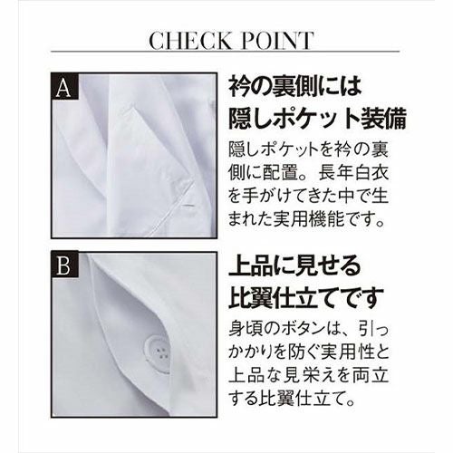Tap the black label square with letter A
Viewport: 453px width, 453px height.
(x=65, y=87)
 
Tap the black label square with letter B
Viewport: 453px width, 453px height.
(x=65, y=265)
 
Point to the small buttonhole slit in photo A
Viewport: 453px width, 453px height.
(x=189, y=206)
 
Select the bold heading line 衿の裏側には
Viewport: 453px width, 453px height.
(x=295, y=86)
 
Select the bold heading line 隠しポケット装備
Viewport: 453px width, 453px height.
(x=317, y=119)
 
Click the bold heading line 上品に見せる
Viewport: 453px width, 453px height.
(x=294, y=265)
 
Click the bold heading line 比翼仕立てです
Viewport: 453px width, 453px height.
(x=306, y=297)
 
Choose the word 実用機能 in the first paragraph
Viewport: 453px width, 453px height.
(x=309, y=218)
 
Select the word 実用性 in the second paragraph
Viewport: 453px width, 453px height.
(x=343, y=352)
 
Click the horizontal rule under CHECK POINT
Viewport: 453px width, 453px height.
(x=225, y=52)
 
